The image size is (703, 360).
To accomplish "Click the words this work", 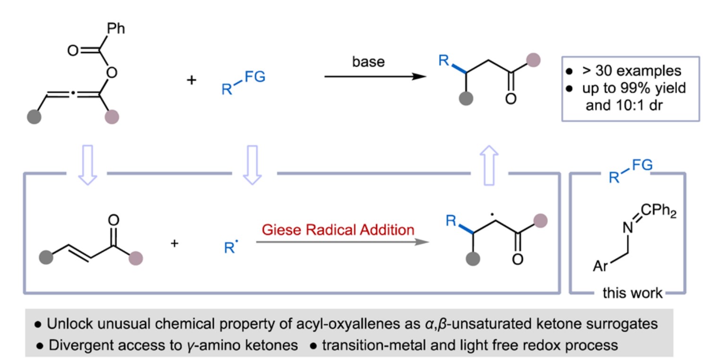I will click(x=632, y=293).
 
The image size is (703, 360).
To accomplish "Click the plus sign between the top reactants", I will click(x=191, y=79).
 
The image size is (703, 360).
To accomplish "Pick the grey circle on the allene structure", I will click(x=35, y=115).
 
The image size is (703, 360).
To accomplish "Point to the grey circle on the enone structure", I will click(x=45, y=258).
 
